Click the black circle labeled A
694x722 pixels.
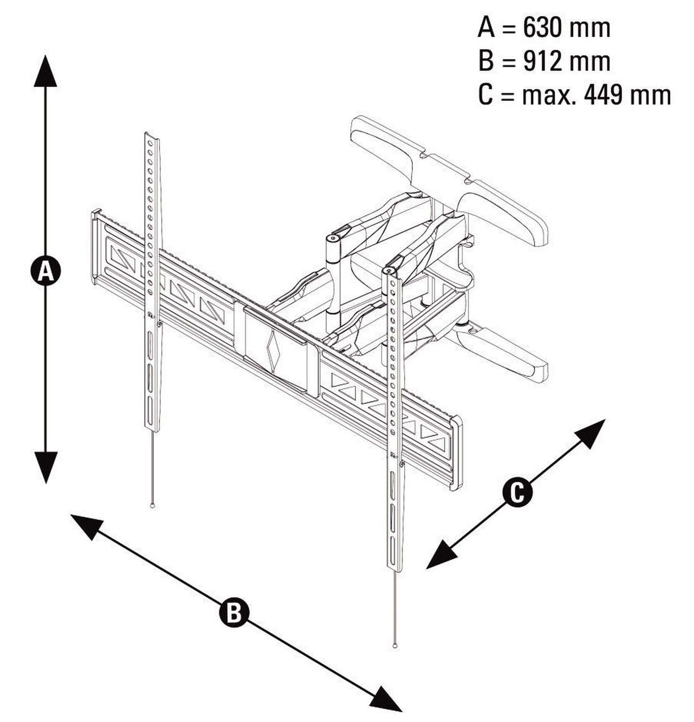[x=45, y=271]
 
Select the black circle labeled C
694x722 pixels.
[x=517, y=492]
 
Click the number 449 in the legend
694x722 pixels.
[x=603, y=95]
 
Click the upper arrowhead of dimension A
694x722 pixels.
[x=45, y=72]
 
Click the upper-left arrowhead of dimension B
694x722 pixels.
[x=86, y=526]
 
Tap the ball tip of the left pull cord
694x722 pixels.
[x=153, y=506]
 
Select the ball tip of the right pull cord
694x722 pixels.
[x=395, y=645]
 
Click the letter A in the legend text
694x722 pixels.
[x=486, y=28]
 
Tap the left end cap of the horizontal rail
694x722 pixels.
[x=95, y=247]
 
